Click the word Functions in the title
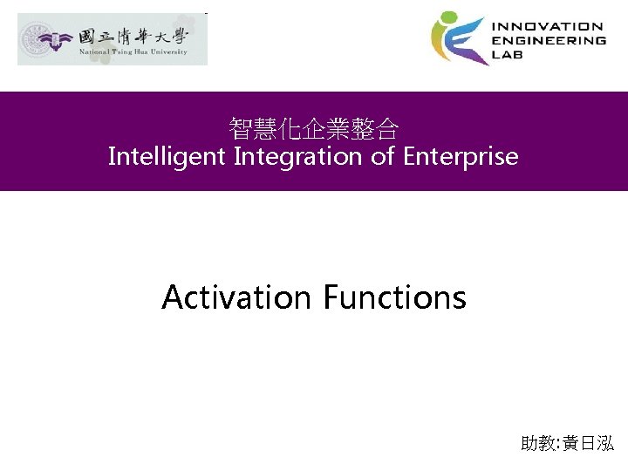click(394, 297)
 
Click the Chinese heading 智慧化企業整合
click(314, 131)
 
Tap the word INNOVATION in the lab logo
click(548, 27)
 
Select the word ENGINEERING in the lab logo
click(549, 40)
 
